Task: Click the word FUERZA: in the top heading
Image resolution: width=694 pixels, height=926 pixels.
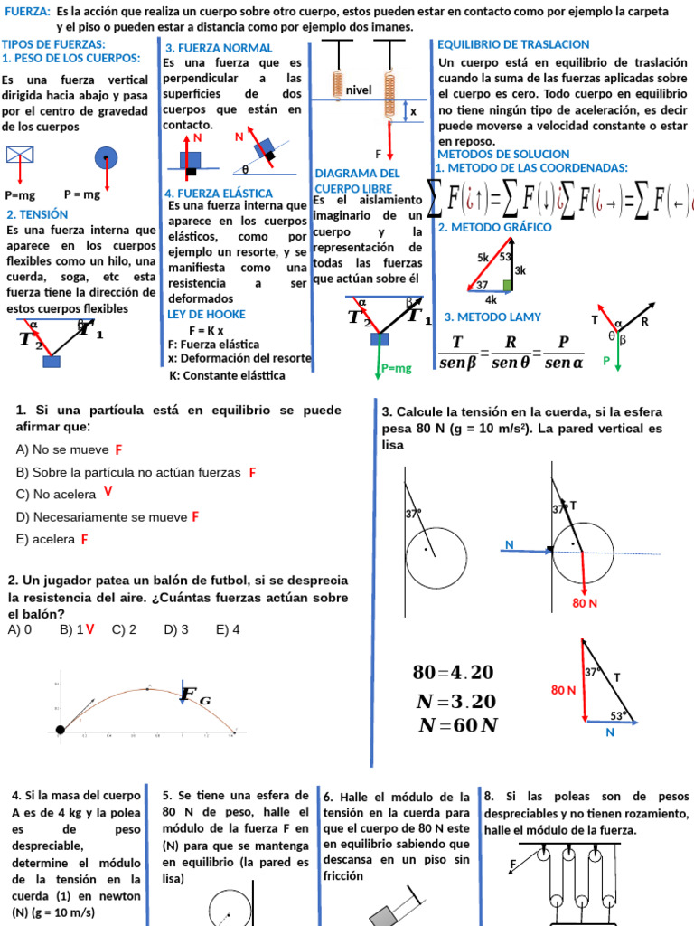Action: point(26,12)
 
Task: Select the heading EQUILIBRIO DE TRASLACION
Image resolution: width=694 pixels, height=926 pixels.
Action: point(513,44)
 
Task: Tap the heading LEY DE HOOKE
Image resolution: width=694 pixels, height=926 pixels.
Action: point(206,315)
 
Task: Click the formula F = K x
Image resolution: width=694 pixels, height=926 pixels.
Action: point(206,330)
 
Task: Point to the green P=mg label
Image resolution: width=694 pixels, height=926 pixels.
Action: point(396,368)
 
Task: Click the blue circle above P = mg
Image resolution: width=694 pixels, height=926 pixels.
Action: point(107,158)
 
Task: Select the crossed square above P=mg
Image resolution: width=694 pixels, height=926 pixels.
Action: point(19,156)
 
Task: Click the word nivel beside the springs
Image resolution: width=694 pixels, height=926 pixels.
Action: point(359,90)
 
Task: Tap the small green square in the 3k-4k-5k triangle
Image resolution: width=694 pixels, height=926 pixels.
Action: point(508,286)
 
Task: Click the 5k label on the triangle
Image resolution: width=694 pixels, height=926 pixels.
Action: point(483,257)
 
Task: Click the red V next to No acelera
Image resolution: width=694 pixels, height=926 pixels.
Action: point(108,492)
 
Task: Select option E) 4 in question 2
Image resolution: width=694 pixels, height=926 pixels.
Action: point(228,629)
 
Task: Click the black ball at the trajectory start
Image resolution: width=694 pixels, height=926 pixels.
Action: point(61,729)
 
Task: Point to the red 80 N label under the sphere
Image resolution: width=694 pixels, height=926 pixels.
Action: point(586,603)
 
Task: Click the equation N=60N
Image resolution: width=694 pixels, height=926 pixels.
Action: point(457,725)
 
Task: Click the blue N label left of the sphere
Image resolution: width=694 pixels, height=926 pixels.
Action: point(510,545)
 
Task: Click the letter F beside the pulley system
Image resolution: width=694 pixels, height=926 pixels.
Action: point(513,865)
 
